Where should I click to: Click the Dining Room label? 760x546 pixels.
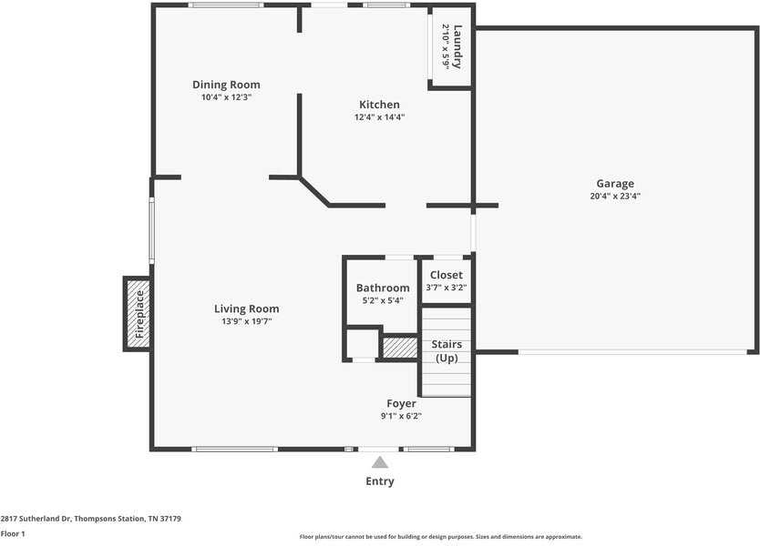coord(226,85)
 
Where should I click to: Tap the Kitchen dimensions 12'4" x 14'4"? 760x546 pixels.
coord(379,117)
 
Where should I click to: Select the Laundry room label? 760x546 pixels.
coord(457,47)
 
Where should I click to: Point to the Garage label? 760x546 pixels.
coord(615,184)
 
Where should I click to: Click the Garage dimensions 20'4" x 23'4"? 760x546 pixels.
coord(615,196)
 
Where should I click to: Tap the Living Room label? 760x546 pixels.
coord(246,308)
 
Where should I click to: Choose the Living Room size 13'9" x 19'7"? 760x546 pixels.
coord(246,321)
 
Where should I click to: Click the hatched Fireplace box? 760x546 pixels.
coord(139,314)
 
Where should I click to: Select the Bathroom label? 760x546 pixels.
coord(383,288)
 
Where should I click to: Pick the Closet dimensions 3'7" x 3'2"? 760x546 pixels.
coord(446,288)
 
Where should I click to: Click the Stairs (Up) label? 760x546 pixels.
coord(447,351)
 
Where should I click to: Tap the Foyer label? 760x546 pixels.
coord(401,404)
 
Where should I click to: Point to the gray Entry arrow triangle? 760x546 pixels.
coord(380,463)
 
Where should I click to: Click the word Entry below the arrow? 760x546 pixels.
coord(379,481)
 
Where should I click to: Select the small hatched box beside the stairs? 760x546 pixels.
coord(400,348)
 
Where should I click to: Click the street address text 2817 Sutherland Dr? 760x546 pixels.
coord(36,519)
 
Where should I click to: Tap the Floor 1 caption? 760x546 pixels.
coord(13,533)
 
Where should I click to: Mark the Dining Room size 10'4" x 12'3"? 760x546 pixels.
coord(226,97)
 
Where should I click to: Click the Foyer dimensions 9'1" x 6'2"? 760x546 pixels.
coord(401,416)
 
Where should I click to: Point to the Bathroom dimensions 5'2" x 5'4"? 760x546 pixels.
coord(383,300)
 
